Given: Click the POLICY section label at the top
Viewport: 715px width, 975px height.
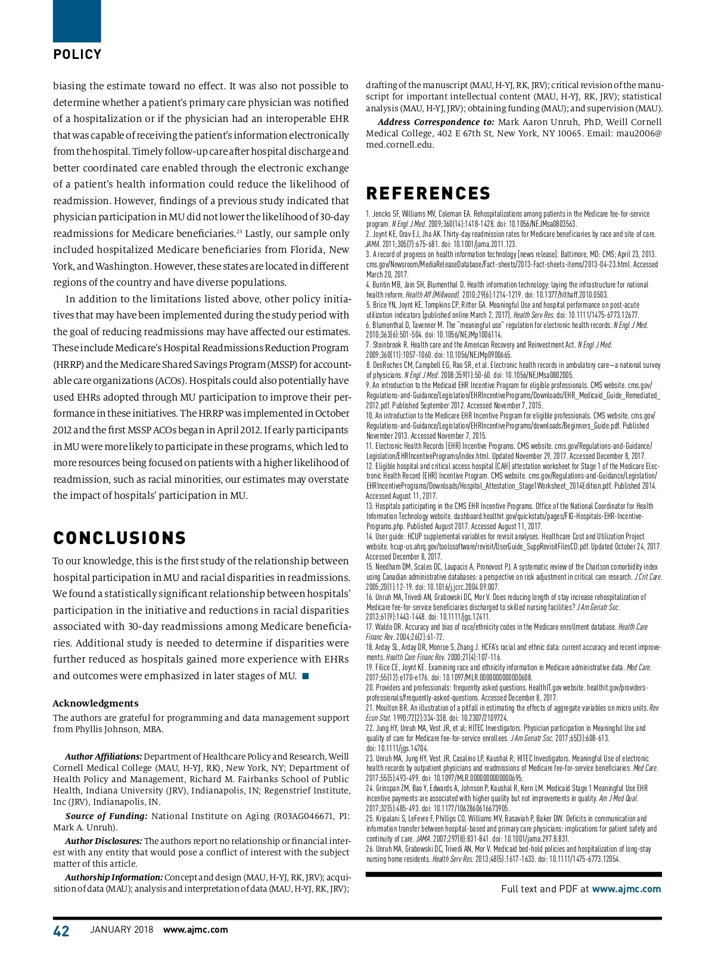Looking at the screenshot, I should click(77, 55).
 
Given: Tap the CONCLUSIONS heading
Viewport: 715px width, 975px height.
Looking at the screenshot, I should click(120, 538).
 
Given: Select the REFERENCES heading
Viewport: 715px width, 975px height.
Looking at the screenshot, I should click(428, 193).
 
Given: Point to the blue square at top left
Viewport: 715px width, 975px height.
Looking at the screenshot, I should click(77, 21).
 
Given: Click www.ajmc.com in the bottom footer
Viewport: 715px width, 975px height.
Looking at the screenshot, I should click(195, 930).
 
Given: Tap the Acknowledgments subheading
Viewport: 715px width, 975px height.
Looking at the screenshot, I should click(95, 703).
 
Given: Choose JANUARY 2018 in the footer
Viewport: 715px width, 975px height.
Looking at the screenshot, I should click(122, 930).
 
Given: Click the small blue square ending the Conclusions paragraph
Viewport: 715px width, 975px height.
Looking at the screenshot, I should click(306, 676).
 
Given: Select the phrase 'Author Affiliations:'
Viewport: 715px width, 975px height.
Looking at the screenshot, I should click(103, 757).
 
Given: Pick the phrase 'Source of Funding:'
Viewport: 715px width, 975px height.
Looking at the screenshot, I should click(106, 816).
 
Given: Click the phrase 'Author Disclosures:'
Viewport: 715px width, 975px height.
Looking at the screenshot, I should click(103, 841).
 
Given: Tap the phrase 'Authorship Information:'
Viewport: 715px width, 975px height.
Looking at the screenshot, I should click(113, 877).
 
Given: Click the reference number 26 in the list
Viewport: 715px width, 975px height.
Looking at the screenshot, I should click(369, 849).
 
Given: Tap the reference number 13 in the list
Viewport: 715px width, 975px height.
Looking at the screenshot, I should click(369, 506).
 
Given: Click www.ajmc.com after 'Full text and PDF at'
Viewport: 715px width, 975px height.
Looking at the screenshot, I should click(626, 889).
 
